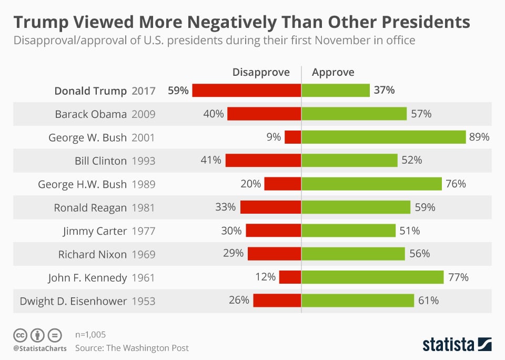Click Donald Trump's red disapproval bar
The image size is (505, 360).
pyautogui.click(x=246, y=91)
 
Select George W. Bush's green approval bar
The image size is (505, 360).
pyautogui.click(x=383, y=137)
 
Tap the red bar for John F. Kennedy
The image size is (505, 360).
pyautogui.click(x=290, y=277)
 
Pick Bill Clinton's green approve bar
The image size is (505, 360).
pyautogui.click(x=349, y=161)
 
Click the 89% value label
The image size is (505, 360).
pyautogui.click(x=479, y=137)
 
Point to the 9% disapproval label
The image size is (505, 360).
pyautogui.click(x=274, y=137)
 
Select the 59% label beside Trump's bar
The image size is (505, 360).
pyautogui.click(x=178, y=91)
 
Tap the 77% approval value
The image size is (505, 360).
pyautogui.click(x=458, y=277)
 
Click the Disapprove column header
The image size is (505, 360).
pyautogui.click(x=261, y=73)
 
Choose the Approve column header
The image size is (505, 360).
pyautogui.click(x=333, y=73)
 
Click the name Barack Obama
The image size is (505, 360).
pyautogui.click(x=91, y=114)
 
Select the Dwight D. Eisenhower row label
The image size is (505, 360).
pyautogui.click(x=73, y=301)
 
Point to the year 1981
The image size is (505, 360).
pyautogui.click(x=143, y=207)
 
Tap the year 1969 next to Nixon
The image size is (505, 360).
pyautogui.click(x=143, y=254)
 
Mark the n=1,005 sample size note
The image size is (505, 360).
pyautogui.click(x=93, y=334)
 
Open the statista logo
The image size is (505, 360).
pyautogui.click(x=457, y=345)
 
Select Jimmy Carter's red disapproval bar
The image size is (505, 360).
pyautogui.click(x=273, y=231)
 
